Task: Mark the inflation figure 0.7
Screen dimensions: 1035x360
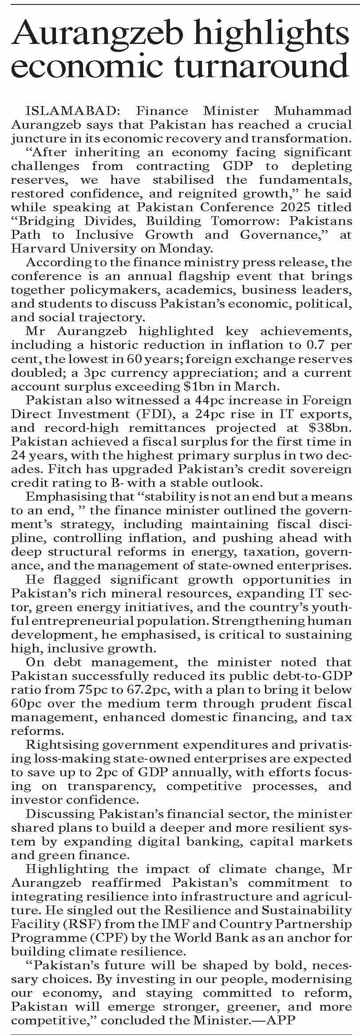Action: point(312,345)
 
